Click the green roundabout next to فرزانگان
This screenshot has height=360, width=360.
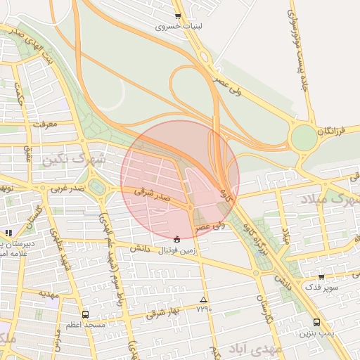304,137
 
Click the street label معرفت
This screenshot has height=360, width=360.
63,126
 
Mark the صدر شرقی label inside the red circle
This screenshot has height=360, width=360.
153,198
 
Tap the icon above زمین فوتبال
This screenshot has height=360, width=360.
176,238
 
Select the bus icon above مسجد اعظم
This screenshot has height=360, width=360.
86,314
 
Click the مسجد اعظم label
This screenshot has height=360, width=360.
86,325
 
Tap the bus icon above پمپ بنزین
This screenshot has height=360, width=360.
316,323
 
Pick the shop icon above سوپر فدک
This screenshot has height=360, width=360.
321,277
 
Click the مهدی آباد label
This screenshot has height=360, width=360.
259,349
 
